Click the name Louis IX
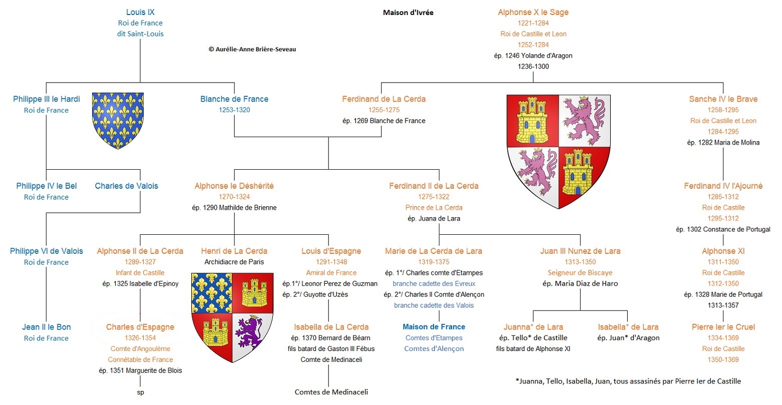[140, 12]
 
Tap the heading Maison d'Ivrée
[408, 13]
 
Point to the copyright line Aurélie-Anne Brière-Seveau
[252, 49]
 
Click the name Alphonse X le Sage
[533, 12]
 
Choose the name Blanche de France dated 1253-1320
[234, 99]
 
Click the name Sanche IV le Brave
[723, 99]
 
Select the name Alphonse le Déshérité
[234, 186]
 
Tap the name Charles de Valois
[126, 186]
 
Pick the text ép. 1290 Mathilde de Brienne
[234, 208]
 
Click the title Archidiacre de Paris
[234, 262]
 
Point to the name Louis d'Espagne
[331, 251]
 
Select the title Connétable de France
[140, 359]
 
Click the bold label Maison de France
[434, 327]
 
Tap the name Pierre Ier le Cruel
[723, 327]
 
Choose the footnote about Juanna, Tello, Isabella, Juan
[628, 381]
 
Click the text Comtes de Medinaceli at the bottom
[331, 392]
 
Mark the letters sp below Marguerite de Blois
[140, 393]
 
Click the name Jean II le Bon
[47, 327]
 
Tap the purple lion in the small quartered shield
[250, 333]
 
